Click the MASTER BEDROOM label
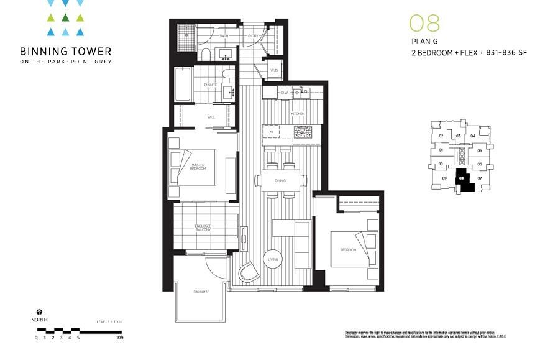(198, 167)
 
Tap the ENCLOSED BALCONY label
(203, 228)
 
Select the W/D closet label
(273, 70)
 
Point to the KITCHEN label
(298, 114)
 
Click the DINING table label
(280, 180)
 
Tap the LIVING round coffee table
(272, 259)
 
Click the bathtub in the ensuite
(182, 85)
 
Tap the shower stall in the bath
(186, 35)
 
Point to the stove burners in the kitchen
(303, 132)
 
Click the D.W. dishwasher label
(285, 93)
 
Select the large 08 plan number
(424, 23)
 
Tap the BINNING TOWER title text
(65, 51)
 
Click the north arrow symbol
(39, 312)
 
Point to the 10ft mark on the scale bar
(120, 338)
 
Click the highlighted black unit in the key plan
(463, 180)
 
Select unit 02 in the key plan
(441, 136)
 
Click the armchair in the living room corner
(250, 272)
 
